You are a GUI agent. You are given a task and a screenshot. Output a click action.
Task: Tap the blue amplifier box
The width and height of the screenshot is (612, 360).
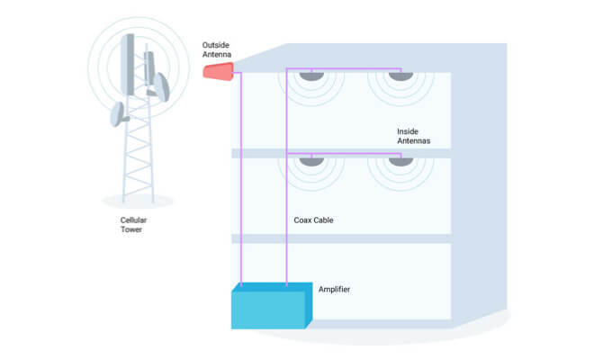click(x=270, y=309)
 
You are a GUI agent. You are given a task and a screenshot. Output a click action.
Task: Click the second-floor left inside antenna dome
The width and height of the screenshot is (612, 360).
click(x=310, y=162)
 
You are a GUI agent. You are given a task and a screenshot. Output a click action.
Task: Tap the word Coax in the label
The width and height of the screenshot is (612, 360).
click(x=305, y=220)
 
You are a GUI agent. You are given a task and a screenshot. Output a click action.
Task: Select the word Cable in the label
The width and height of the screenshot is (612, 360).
click(x=326, y=220)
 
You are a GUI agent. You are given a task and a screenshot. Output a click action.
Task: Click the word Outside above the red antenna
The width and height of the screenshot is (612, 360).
click(x=216, y=44)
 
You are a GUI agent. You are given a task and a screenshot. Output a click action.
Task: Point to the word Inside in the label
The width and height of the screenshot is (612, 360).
click(x=408, y=131)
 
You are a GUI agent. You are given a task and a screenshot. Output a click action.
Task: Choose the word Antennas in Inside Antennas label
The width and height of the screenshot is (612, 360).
click(x=414, y=141)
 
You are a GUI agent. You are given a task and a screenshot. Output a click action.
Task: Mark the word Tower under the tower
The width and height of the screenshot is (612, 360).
click(x=131, y=229)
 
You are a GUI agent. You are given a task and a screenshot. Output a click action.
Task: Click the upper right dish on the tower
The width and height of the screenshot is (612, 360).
click(x=160, y=86)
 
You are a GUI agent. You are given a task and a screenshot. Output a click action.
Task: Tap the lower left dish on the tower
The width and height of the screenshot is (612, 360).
click(x=117, y=114)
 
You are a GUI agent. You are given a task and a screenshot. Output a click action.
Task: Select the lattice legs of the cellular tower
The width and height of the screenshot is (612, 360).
click(x=137, y=162)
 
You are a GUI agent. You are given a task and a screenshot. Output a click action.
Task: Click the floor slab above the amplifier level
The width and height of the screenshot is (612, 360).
click(x=342, y=239)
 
